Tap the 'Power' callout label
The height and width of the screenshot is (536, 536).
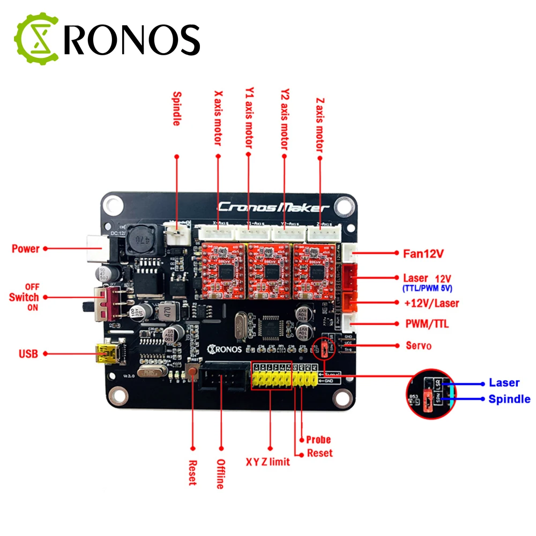click(25, 249)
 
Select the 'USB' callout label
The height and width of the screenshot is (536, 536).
click(28, 354)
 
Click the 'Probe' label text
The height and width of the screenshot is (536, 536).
click(318, 440)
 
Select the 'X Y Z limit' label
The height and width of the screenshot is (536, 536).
click(268, 461)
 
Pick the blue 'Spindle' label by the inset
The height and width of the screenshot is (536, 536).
click(509, 399)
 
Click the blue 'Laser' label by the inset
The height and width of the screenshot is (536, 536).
click(504, 383)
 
